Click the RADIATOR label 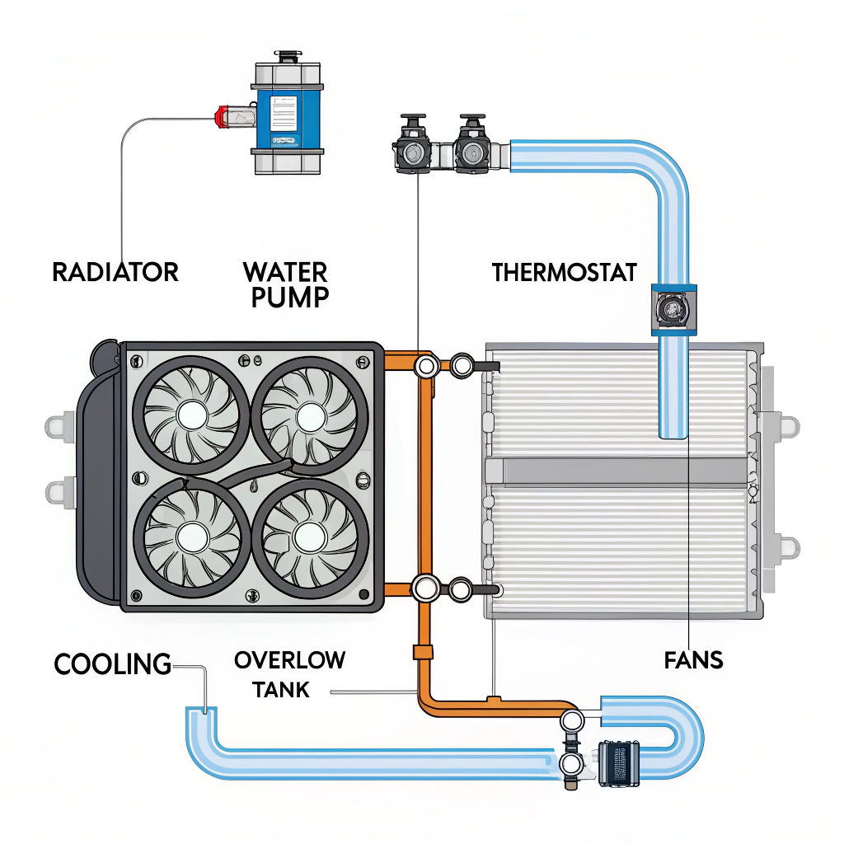(115, 272)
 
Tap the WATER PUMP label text (285, 284)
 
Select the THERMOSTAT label (565, 272)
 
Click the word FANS (693, 659)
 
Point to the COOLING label (112, 663)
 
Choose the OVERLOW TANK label (288, 674)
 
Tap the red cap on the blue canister (222, 117)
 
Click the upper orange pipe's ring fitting (427, 365)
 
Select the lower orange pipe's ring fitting (427, 588)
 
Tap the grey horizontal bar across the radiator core (618, 471)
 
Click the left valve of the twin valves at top (410, 151)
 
